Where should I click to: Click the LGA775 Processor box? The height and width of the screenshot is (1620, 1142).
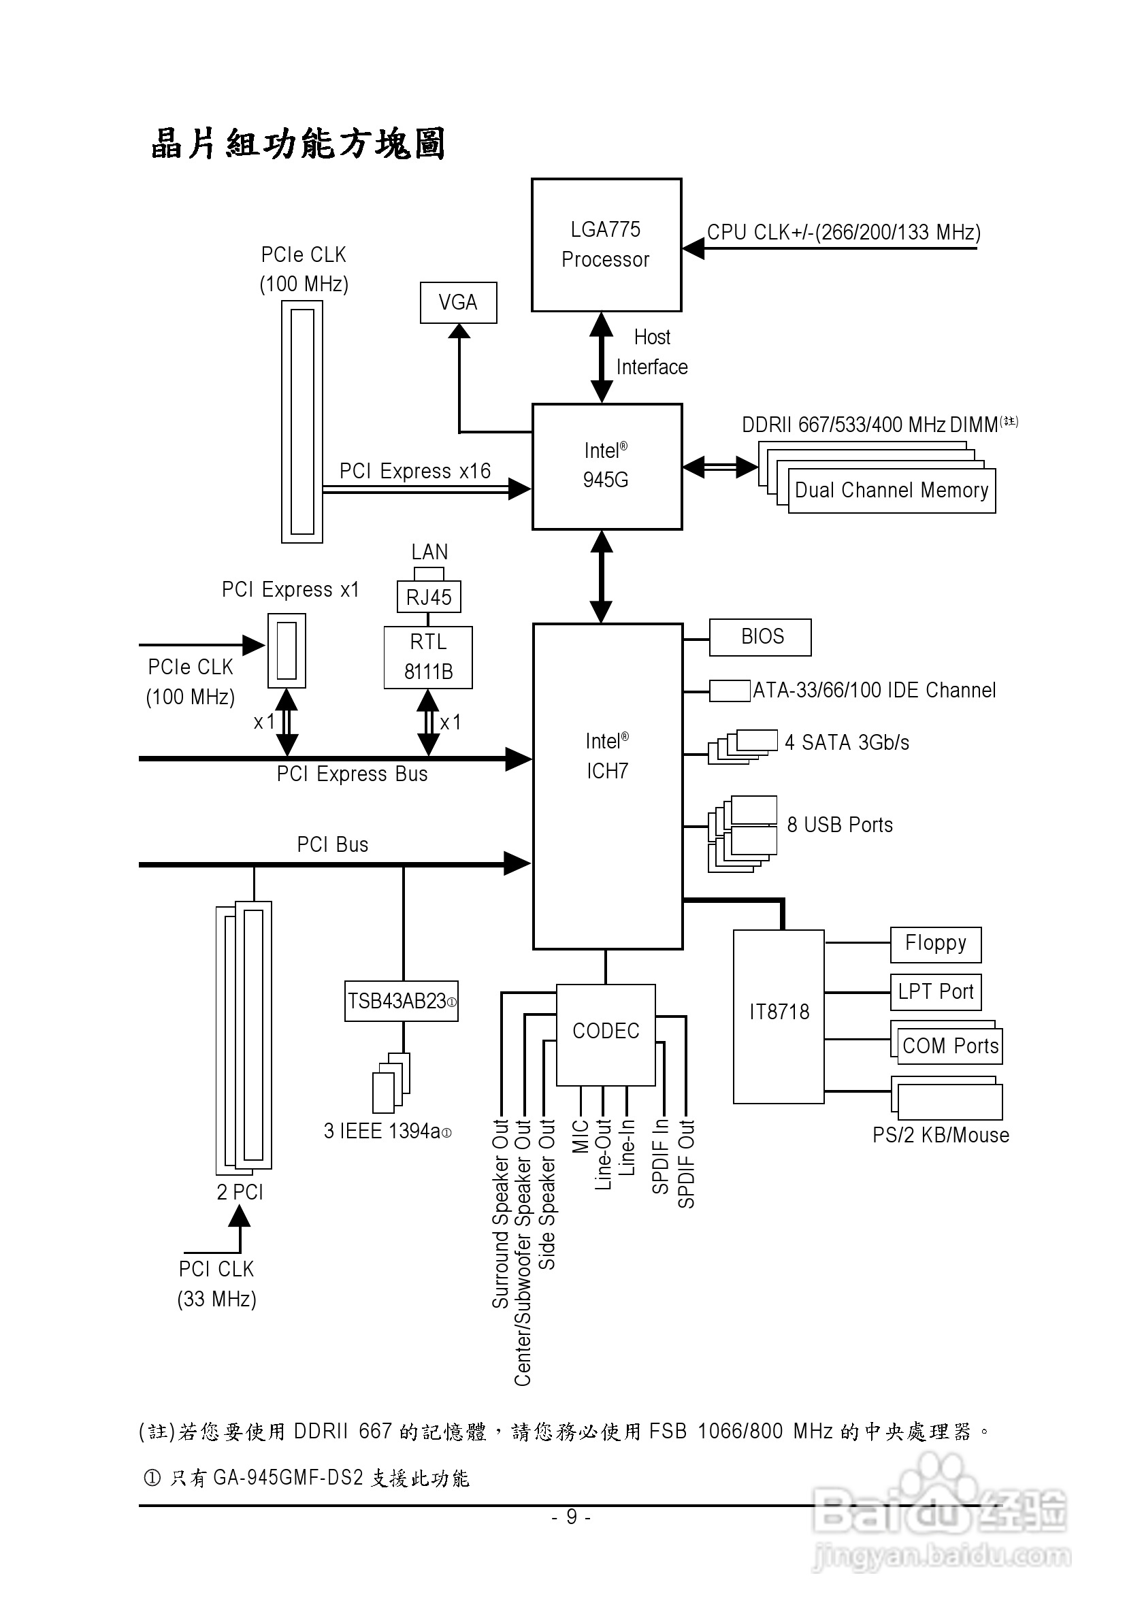point(606,245)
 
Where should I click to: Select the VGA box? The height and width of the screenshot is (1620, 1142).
point(458,303)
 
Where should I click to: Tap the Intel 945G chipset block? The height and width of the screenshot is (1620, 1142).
point(607,466)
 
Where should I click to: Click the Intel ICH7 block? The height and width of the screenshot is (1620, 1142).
point(607,786)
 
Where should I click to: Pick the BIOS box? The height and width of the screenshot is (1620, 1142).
point(760,637)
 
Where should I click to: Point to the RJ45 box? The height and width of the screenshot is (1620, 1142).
point(429,597)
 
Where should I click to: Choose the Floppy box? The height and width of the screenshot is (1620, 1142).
point(935,945)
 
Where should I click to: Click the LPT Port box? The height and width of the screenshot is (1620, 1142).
point(935,992)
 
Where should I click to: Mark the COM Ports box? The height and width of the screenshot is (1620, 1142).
point(950,1046)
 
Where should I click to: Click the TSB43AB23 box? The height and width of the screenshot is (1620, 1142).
point(401,1002)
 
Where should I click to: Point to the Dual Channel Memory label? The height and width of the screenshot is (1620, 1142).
point(892,491)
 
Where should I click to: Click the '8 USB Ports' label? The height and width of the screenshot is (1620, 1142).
point(840,825)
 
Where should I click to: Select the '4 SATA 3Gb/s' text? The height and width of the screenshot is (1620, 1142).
point(847,743)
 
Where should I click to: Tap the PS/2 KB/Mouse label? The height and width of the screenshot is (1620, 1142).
point(941,1136)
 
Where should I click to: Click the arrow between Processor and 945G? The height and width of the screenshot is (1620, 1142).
point(602,358)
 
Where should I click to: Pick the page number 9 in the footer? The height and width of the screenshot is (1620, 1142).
point(571,1517)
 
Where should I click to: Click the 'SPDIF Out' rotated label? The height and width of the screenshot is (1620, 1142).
point(686,1164)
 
